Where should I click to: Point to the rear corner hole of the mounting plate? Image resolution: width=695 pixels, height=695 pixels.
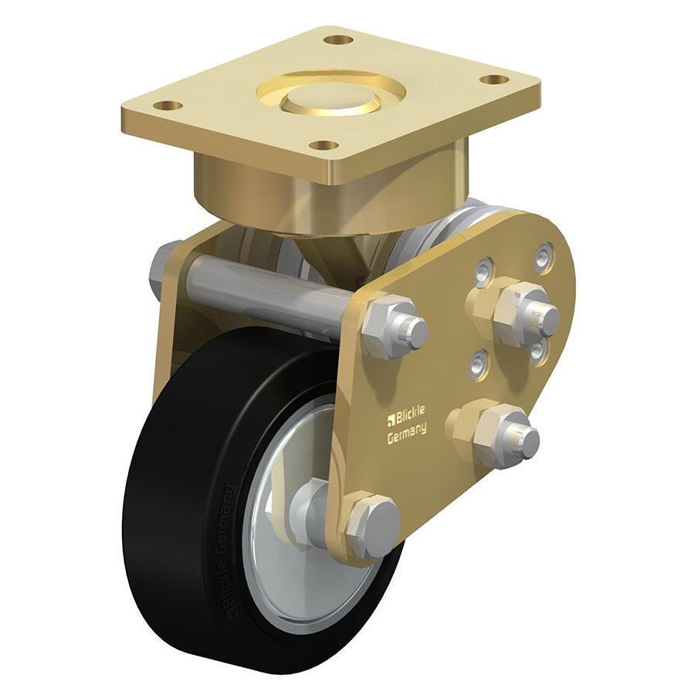[337, 39]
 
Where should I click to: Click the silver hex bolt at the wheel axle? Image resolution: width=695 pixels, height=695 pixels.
[371, 527]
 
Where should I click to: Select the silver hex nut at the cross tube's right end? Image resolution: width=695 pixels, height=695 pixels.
[392, 327]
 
